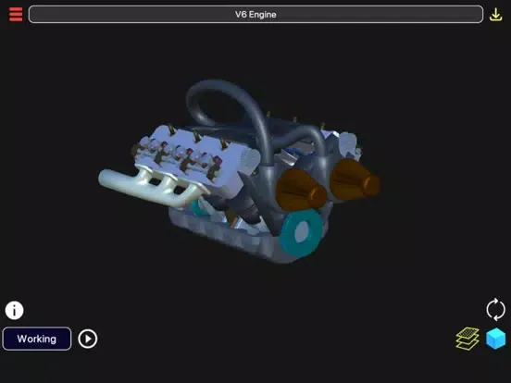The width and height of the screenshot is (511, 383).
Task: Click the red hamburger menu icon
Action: [16, 14]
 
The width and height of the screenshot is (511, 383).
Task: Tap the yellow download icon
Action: [495, 15]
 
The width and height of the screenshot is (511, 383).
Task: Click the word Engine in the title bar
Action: [263, 15]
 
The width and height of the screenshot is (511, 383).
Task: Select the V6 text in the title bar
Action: [241, 15]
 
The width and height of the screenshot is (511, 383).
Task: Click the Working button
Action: [37, 339]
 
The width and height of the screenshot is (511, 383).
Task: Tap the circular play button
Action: [88, 339]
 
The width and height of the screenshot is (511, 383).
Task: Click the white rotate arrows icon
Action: [495, 309]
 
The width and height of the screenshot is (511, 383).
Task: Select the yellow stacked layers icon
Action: [467, 339]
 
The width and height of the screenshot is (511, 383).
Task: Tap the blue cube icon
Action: [495, 339]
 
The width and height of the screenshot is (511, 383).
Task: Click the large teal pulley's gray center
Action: [303, 232]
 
